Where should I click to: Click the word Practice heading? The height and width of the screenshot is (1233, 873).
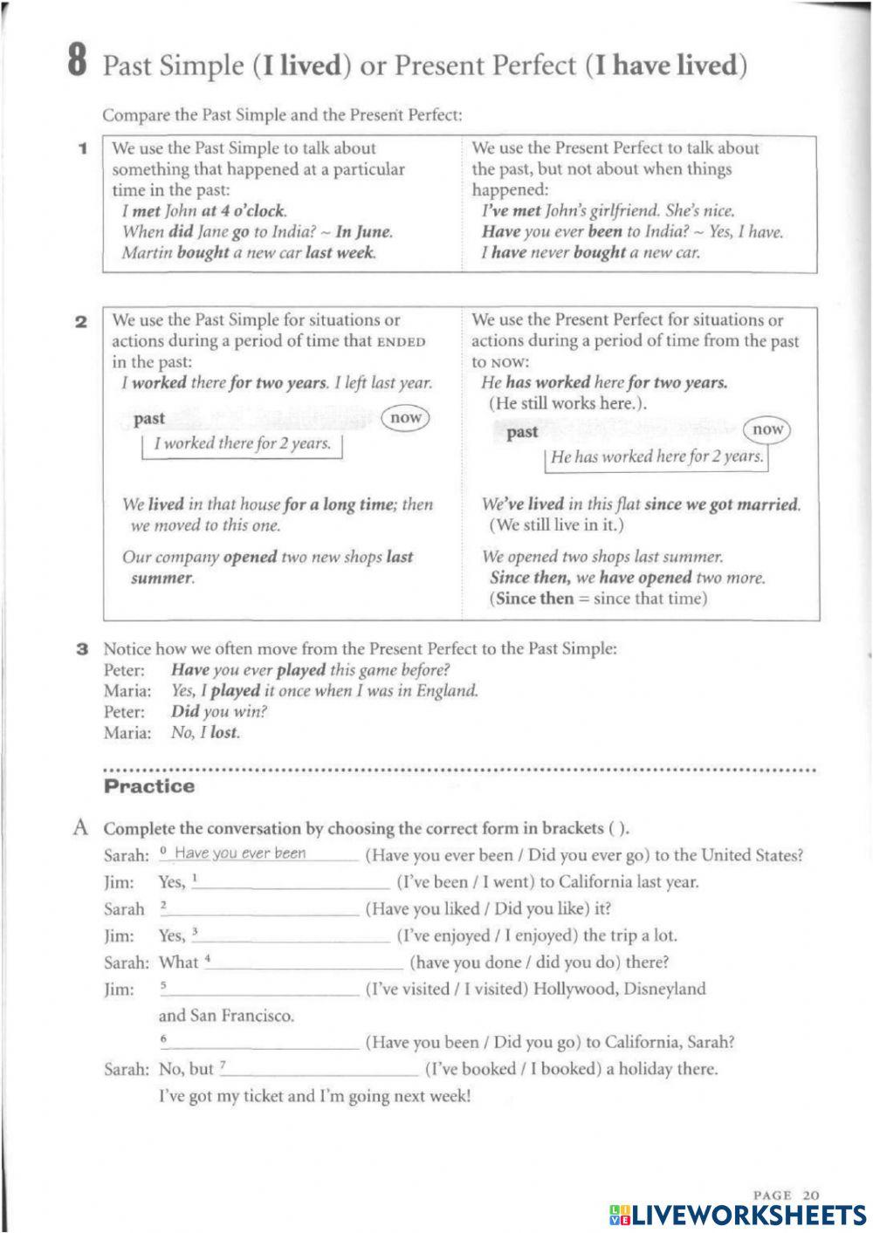click(x=149, y=786)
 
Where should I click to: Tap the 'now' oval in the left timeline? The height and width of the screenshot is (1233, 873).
click(x=406, y=418)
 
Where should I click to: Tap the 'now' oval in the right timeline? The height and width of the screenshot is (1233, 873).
click(x=767, y=429)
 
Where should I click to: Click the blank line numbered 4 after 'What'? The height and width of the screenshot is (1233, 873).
click(x=306, y=963)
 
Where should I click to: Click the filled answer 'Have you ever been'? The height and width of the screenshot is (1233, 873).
click(x=240, y=853)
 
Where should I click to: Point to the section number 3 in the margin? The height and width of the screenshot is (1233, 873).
click(x=82, y=649)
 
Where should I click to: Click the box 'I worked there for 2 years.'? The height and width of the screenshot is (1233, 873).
click(x=242, y=444)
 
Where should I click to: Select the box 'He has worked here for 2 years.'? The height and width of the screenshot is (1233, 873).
click(x=656, y=457)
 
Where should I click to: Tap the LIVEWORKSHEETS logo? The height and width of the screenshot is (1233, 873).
click(x=737, y=1214)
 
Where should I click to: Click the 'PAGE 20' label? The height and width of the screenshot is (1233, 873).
click(x=786, y=1195)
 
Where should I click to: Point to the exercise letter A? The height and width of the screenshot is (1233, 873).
click(x=81, y=827)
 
